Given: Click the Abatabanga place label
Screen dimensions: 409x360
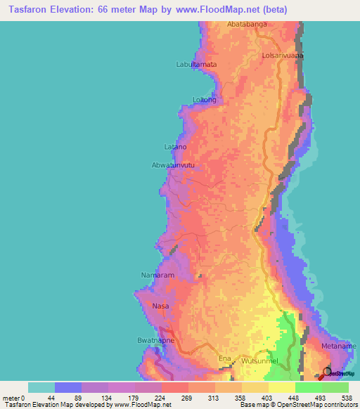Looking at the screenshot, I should [x=247, y=25].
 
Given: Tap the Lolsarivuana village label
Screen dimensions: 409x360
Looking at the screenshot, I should [x=282, y=54].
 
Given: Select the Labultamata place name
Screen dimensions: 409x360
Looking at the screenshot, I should [x=196, y=65].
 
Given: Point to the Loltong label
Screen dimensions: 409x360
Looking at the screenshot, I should [x=205, y=100].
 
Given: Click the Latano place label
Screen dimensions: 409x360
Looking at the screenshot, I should [x=175, y=147].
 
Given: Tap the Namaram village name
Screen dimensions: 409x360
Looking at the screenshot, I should [x=157, y=275].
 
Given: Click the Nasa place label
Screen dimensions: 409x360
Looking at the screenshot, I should [x=160, y=306].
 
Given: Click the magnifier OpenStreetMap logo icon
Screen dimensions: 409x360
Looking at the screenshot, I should [x=328, y=371].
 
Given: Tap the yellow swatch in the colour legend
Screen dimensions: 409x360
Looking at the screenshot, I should [x=282, y=387].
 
